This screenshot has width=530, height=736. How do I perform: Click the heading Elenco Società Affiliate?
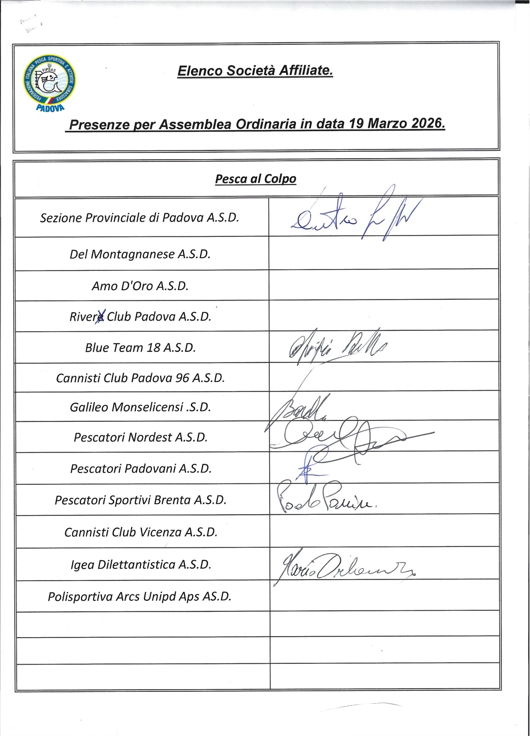pos(254,71)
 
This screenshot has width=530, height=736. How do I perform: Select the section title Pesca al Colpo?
pos(255,178)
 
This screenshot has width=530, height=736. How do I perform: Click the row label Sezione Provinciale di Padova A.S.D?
pos(139,218)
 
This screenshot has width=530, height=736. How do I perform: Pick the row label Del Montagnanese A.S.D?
pos(140,254)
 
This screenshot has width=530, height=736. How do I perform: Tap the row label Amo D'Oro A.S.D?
pos(140,286)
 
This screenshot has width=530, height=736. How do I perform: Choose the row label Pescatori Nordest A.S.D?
pos(140,437)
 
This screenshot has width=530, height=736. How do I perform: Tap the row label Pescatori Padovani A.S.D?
pos(140,468)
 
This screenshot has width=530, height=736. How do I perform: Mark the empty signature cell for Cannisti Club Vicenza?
pos(384,531)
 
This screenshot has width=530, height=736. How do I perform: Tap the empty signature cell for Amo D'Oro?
pos(384,285)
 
